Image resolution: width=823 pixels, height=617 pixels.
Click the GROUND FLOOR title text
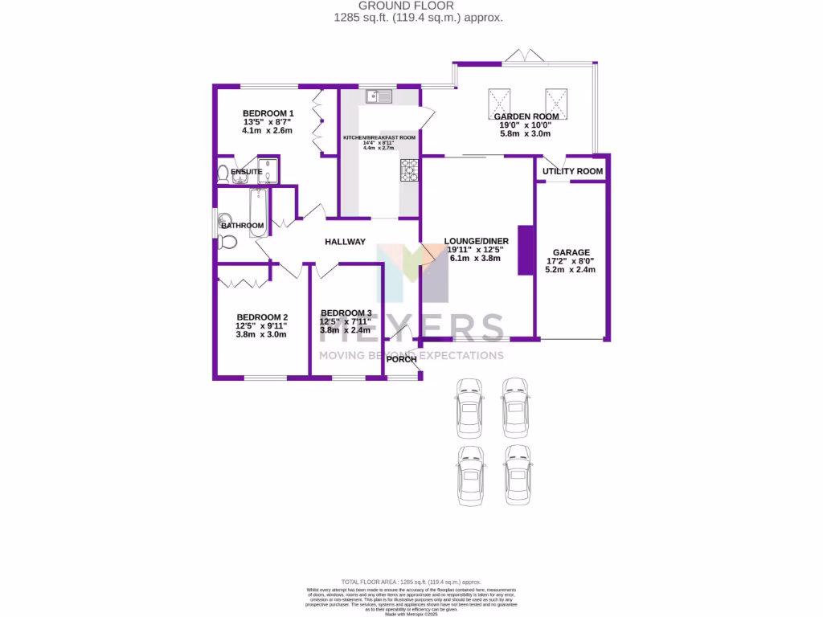pos(411,6)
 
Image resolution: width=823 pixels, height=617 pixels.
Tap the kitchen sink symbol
pos(378,96)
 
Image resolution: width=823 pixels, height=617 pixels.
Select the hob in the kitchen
pos(410,170)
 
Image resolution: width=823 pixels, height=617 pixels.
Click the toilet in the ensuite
pos(223,172)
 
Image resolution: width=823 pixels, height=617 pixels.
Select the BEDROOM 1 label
pos(268,113)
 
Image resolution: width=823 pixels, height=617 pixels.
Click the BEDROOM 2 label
pos(261,317)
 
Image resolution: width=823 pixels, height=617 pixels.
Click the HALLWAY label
pos(345,242)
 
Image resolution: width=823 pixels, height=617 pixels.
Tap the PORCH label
pos(400,358)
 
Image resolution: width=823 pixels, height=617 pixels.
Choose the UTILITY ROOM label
pos(572,172)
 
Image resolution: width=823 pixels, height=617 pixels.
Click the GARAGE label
pos(571,252)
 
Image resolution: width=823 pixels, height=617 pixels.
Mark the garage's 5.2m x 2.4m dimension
pos(571,270)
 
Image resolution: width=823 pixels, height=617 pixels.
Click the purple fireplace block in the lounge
pos(526,251)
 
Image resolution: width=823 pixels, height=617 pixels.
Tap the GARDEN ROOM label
pos(526,116)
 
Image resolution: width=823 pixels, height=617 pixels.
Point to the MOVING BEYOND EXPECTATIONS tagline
pos(411,355)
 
